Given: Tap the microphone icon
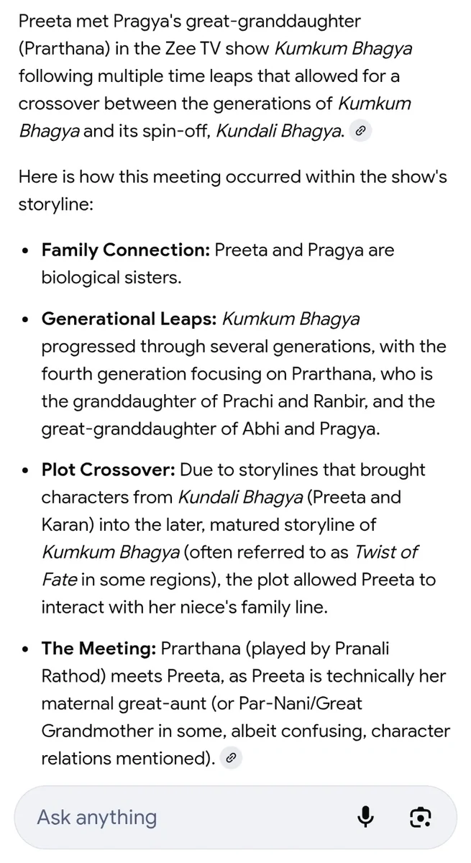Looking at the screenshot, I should [x=366, y=817].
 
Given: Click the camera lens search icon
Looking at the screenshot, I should [x=420, y=817].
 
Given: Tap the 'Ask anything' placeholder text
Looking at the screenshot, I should [x=96, y=817].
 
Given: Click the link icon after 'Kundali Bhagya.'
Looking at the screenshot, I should [x=361, y=131].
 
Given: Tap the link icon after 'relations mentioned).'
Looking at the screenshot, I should [x=231, y=758].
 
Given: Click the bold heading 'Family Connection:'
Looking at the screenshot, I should [x=125, y=250].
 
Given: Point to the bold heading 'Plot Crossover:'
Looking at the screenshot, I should [x=108, y=470].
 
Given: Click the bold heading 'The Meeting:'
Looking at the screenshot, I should [x=99, y=649].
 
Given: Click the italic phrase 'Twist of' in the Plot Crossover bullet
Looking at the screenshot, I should [x=385, y=552].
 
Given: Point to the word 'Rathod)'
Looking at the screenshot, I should [x=72, y=676].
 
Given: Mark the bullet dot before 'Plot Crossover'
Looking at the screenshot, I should [x=26, y=471].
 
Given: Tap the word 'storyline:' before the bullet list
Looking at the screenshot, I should [x=55, y=204].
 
